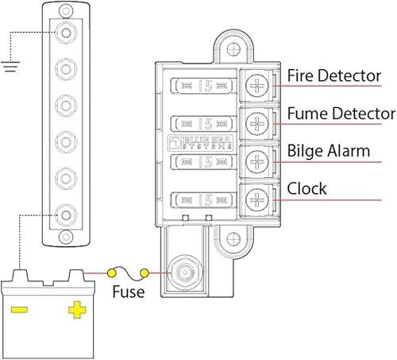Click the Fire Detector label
(334, 75)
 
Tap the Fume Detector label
(341, 114)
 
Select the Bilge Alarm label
(329, 151)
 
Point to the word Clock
(306, 188)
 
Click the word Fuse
(129, 292)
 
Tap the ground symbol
(10, 67)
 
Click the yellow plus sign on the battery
(77, 310)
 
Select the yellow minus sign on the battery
(19, 310)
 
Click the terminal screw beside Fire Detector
(257, 86)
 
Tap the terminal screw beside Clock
(257, 199)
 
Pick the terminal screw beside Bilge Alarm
(257, 161)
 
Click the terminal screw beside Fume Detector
(257, 123)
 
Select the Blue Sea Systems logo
(200, 143)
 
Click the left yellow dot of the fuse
(111, 273)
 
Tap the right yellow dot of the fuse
(145, 273)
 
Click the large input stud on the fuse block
(184, 272)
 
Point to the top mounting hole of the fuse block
(233, 49)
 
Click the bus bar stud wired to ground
(66, 33)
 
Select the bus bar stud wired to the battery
(66, 215)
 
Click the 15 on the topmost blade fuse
(206, 86)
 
